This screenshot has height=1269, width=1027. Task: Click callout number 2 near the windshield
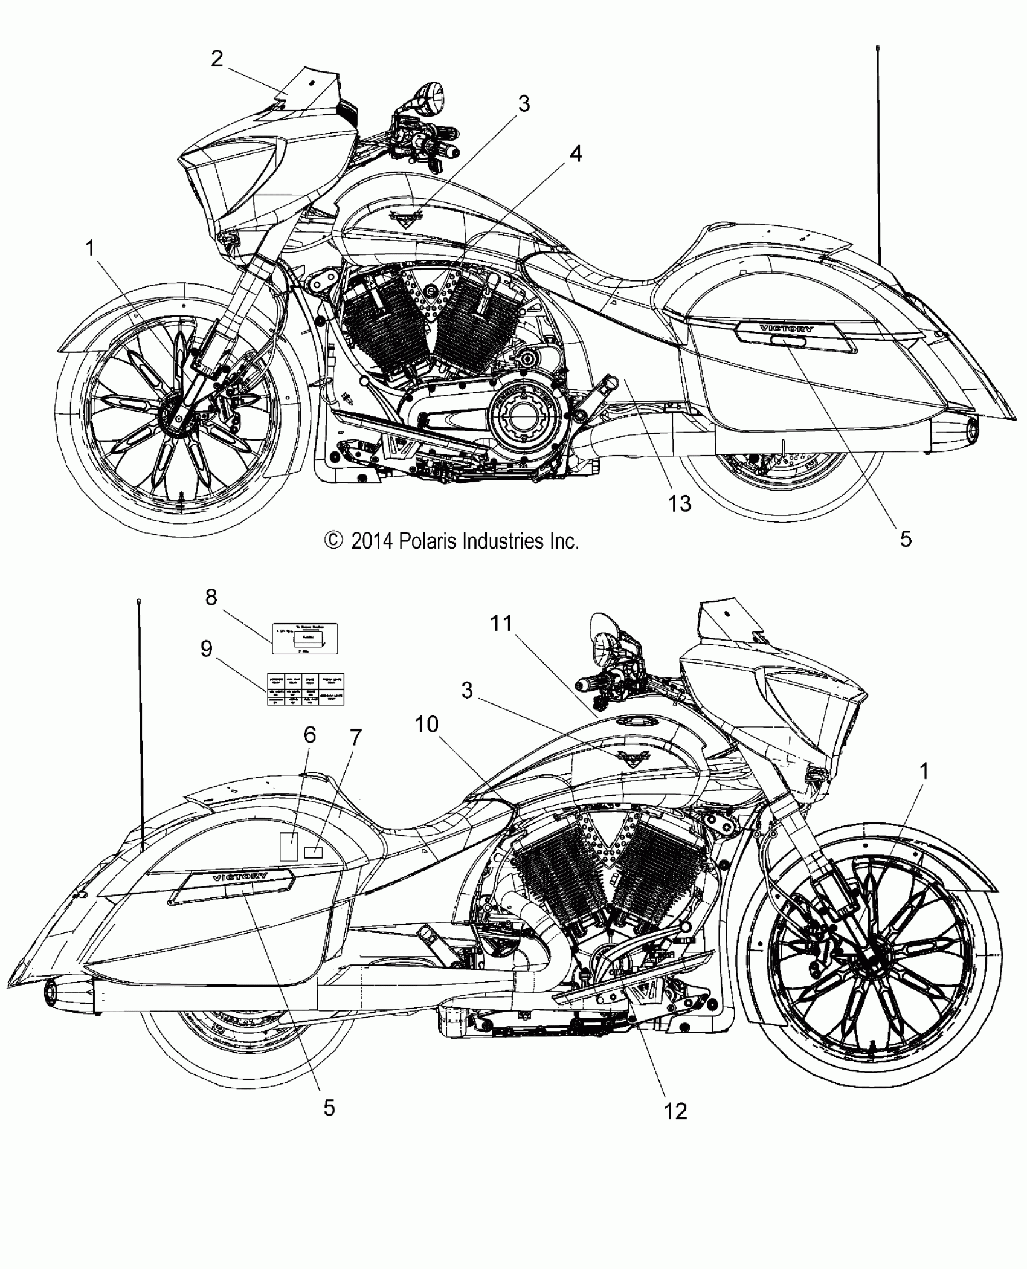click(x=217, y=59)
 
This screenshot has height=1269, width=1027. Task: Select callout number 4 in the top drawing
click(x=576, y=154)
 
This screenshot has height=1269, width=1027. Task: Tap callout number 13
click(x=680, y=503)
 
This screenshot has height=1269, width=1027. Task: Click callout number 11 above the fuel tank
click(x=501, y=623)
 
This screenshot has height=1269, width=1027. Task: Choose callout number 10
click(x=427, y=724)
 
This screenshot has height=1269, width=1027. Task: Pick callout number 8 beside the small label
click(x=211, y=598)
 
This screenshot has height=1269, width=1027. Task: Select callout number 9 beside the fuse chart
click(x=207, y=649)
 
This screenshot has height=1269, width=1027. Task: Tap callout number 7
click(x=355, y=738)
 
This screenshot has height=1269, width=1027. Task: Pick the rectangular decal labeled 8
click(x=304, y=639)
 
